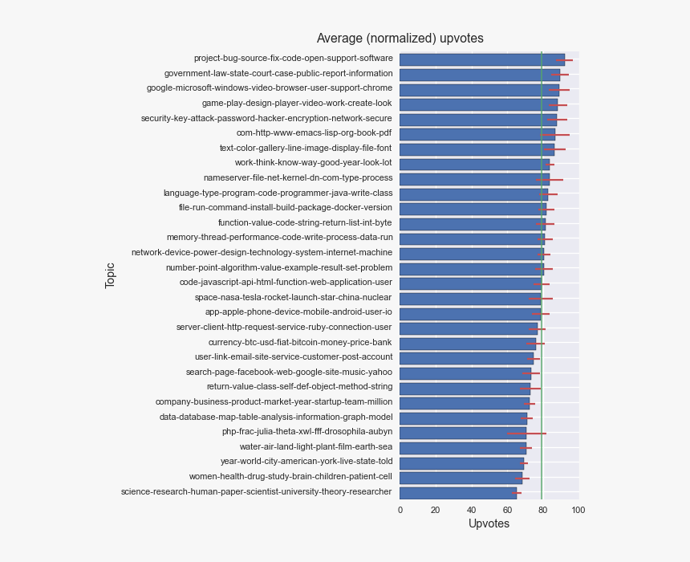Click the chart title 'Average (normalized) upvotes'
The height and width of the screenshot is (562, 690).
(400, 39)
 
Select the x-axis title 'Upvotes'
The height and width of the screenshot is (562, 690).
(489, 523)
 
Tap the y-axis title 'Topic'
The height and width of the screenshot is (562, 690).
(111, 275)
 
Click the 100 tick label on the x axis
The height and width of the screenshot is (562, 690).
(578, 509)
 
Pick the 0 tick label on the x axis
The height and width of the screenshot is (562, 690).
(400, 509)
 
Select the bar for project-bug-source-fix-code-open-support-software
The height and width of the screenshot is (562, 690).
(481, 59)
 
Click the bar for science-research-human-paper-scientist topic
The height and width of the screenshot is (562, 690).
(457, 492)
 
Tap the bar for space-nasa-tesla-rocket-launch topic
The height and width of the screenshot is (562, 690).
(469, 298)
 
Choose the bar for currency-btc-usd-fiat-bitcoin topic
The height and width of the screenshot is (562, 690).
(467, 343)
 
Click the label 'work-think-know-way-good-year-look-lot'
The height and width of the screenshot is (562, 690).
(314, 163)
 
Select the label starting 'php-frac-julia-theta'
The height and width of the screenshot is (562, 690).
(307, 432)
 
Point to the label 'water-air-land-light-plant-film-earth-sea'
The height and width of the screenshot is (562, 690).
(316, 447)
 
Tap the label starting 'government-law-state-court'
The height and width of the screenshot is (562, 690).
(278, 74)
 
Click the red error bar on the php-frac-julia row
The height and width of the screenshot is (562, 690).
(527, 433)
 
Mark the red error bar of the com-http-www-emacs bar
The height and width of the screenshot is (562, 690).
(556, 134)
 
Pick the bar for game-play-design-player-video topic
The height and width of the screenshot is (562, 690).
(478, 104)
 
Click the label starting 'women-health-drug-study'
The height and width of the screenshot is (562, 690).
(290, 477)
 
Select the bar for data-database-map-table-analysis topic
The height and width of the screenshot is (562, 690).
(463, 417)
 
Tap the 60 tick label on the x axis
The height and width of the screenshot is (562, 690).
(507, 509)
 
